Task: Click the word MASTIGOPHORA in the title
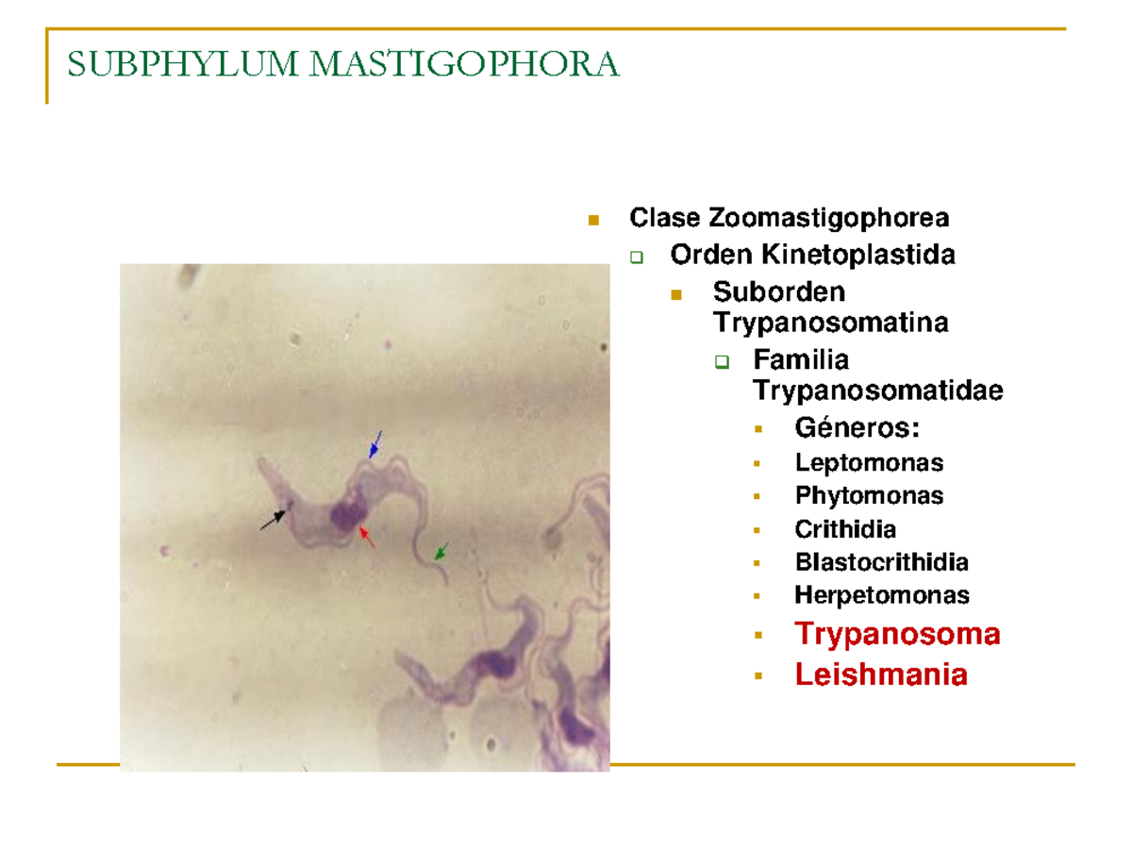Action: click(464, 64)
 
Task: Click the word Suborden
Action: click(779, 291)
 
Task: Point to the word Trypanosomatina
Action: click(831, 323)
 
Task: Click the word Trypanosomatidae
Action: click(877, 390)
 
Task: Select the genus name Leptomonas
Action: click(869, 462)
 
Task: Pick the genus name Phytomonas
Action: click(869, 495)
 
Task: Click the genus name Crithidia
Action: click(845, 529)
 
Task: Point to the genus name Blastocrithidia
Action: click(881, 562)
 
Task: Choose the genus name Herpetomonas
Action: click(881, 595)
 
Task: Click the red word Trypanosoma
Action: click(897, 634)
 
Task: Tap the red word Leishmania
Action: click(881, 675)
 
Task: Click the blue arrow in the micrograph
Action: click(375, 445)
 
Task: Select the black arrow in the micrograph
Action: click(274, 519)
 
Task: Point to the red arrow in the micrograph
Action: click(367, 537)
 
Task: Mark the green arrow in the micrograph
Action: click(441, 551)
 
